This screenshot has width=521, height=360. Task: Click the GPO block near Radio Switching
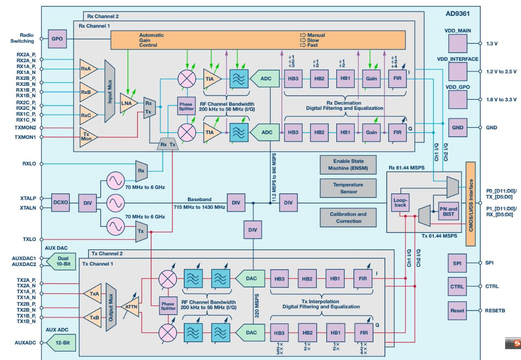point(57,39)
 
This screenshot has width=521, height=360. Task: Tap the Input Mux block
point(109,91)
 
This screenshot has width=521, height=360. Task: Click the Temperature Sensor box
point(348,188)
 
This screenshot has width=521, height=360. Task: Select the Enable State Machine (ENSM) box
point(348,165)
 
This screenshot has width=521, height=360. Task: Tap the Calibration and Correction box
point(348,217)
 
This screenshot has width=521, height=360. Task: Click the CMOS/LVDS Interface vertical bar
point(470,204)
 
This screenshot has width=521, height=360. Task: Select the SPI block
point(457,263)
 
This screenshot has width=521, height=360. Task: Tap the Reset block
point(457,311)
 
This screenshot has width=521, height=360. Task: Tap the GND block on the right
point(457,128)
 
